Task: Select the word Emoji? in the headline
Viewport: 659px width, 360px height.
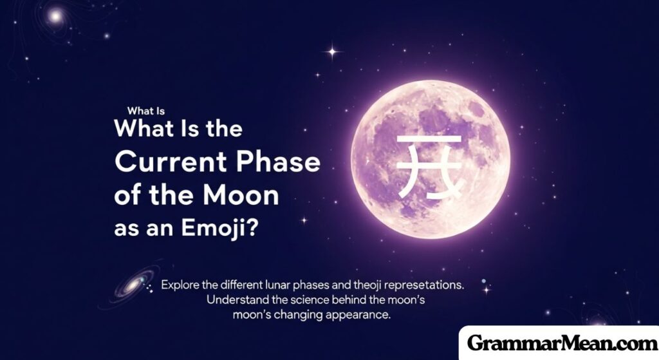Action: click(x=223, y=230)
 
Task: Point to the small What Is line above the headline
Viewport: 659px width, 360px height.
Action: click(x=146, y=110)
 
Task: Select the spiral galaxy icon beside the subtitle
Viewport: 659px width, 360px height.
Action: click(x=133, y=284)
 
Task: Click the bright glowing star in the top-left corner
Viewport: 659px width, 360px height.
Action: click(x=55, y=16)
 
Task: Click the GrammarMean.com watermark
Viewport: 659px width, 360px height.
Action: click(x=559, y=343)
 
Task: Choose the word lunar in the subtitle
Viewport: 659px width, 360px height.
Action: click(x=292, y=284)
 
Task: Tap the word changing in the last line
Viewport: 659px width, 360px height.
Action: click(x=301, y=316)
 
